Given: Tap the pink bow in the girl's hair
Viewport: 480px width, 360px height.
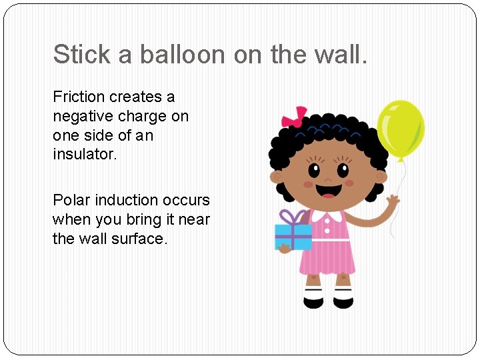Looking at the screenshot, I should [x=293, y=117].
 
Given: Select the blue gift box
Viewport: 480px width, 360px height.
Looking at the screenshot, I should [x=293, y=237].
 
